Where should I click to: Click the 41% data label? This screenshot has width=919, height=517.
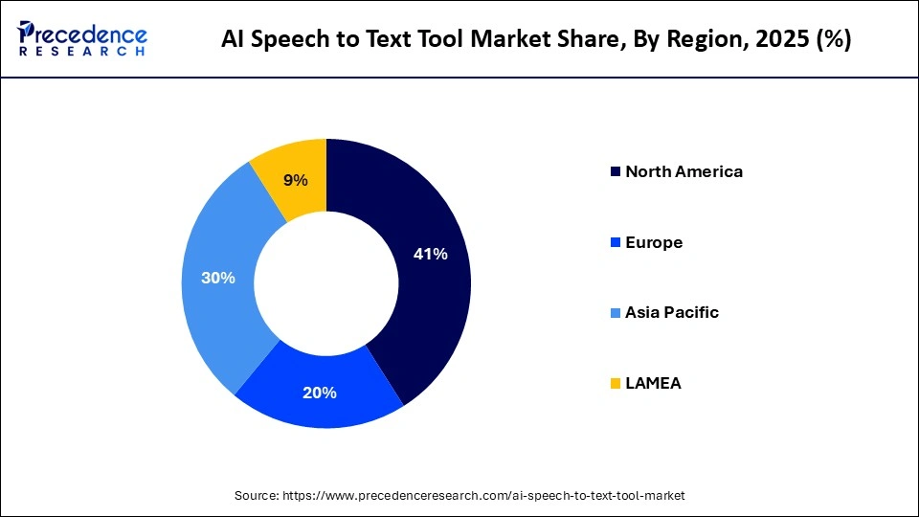point(430,254)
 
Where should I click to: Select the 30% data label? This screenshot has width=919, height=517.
point(217,278)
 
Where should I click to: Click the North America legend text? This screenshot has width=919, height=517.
point(684,172)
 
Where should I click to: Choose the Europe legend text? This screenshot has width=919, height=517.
point(654,242)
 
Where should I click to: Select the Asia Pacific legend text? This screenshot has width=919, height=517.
point(671,312)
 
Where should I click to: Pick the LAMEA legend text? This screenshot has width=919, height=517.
point(653,383)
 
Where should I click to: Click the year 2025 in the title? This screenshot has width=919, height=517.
point(773,39)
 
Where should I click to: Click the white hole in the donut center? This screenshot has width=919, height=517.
point(326,283)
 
